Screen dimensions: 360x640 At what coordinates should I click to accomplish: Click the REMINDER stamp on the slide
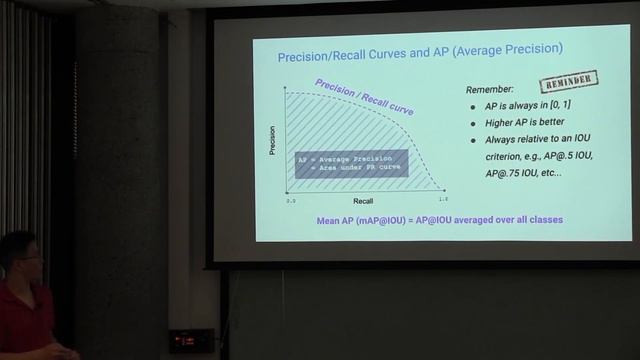(x=569, y=82)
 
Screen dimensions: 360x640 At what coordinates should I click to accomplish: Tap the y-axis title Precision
(x=272, y=139)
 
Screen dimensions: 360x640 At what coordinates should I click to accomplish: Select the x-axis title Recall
(x=362, y=201)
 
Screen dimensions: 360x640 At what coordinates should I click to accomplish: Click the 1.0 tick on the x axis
(x=442, y=200)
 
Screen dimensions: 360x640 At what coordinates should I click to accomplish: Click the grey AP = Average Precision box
(x=351, y=163)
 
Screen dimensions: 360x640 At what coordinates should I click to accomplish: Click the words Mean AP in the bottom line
(x=338, y=219)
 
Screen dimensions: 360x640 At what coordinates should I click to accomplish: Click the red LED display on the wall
(x=190, y=340)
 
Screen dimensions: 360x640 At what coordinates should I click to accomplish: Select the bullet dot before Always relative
(x=474, y=140)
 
